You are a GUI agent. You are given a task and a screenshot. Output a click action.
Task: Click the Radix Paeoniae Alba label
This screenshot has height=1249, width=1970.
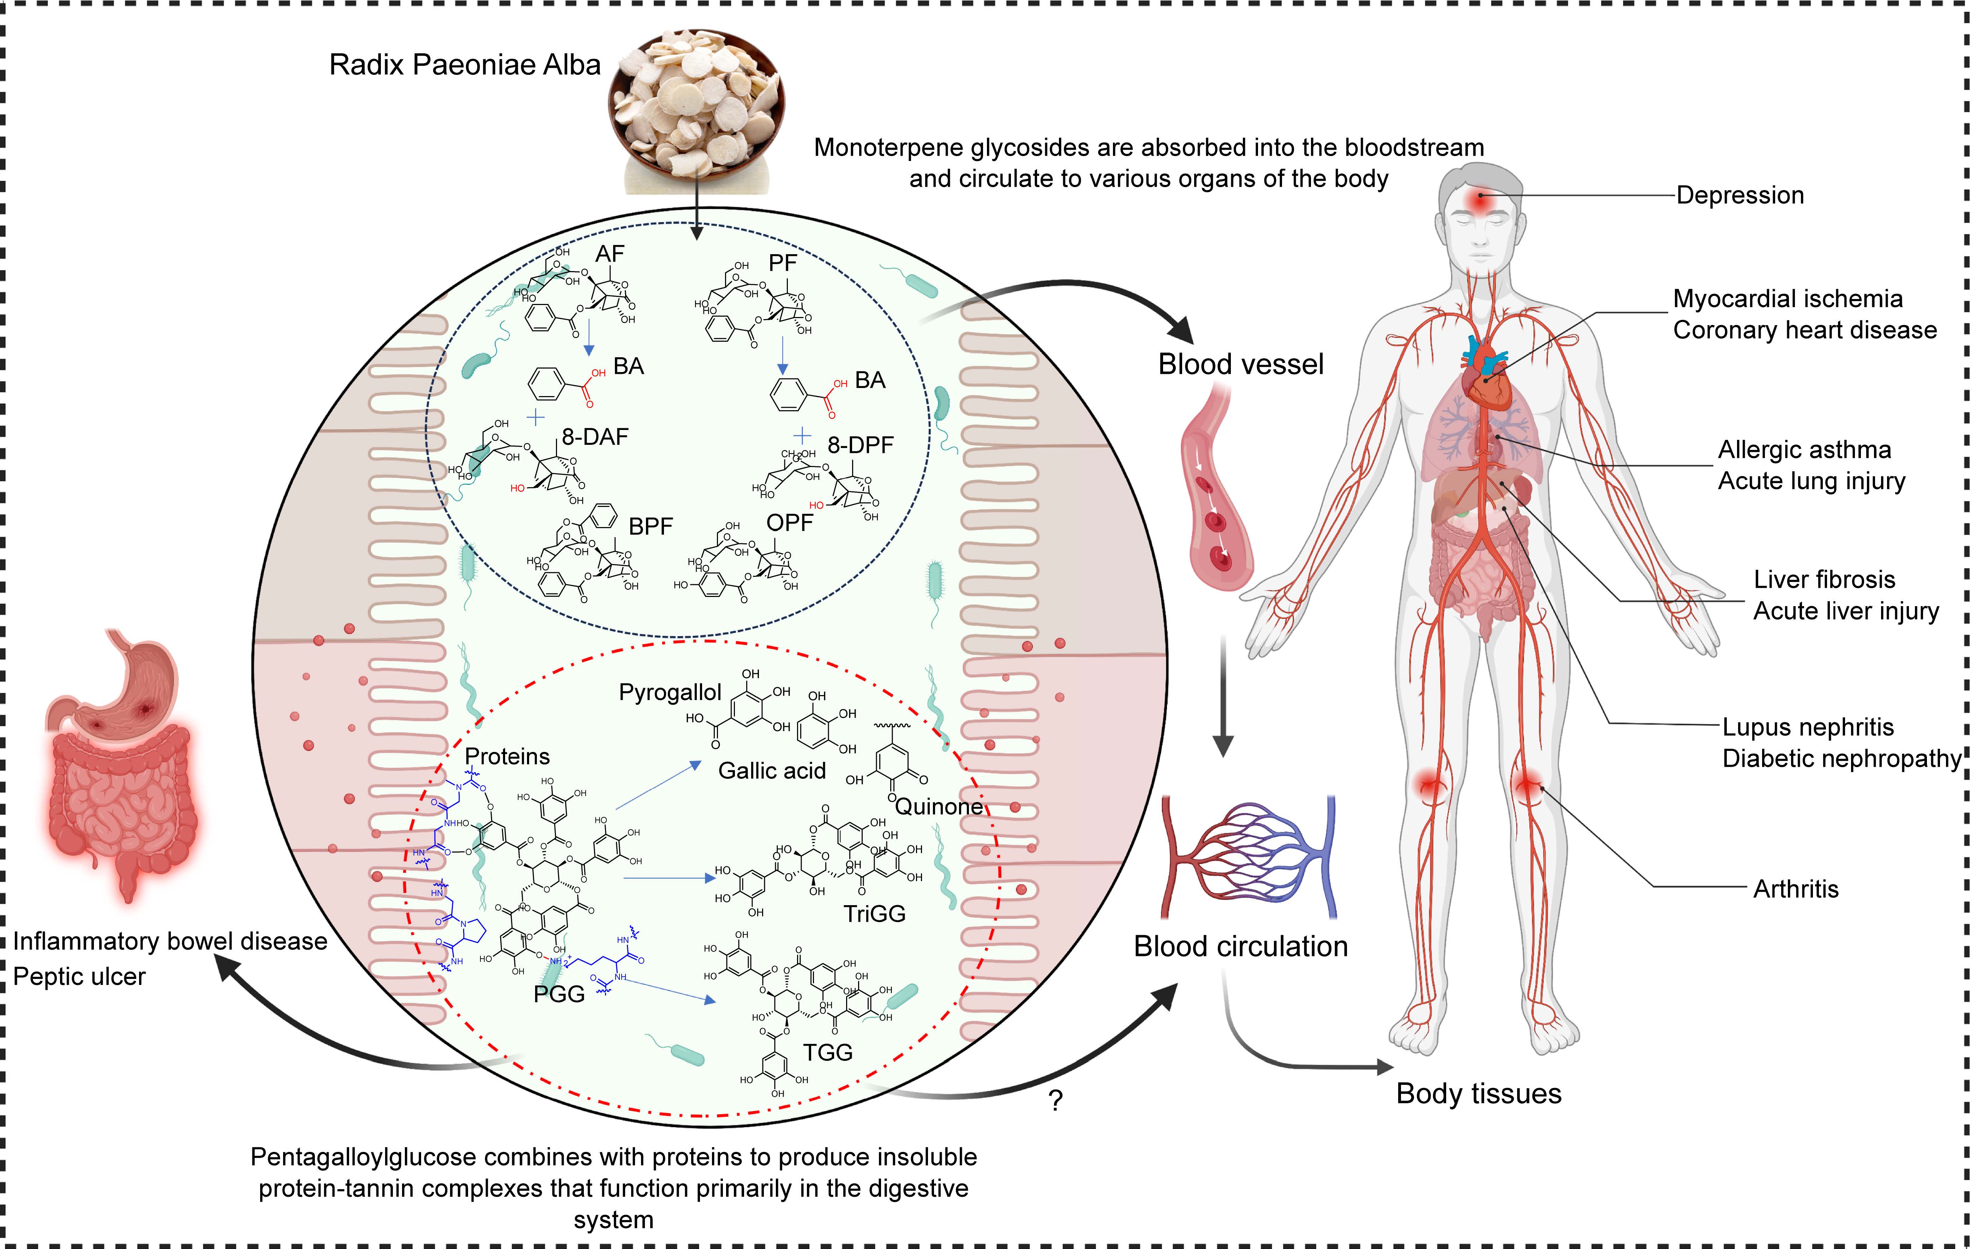[x=465, y=65]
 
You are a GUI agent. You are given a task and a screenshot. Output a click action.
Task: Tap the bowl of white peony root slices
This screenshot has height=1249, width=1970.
[x=696, y=102]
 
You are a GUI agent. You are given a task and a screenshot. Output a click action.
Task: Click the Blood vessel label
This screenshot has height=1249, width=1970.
[x=1240, y=364]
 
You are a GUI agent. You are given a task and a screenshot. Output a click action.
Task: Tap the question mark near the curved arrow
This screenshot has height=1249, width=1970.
[x=1055, y=1101]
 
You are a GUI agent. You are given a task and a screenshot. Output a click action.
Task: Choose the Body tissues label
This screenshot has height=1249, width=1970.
[x=1478, y=1094]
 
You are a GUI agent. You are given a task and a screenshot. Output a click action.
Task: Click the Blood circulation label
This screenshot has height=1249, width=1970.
[x=1240, y=946]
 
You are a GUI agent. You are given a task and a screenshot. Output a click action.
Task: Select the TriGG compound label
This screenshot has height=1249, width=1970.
[x=875, y=914]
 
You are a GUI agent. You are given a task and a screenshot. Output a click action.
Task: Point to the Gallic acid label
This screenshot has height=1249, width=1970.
[x=772, y=771]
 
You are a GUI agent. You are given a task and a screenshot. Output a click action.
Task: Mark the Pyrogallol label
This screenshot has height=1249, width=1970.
[x=669, y=693]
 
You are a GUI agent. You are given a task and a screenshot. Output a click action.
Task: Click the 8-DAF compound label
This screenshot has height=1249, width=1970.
[x=595, y=437]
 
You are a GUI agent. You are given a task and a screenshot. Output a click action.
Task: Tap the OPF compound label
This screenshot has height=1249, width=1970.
[x=790, y=523]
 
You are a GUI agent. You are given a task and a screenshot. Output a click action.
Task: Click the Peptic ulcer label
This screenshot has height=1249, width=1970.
[x=79, y=976]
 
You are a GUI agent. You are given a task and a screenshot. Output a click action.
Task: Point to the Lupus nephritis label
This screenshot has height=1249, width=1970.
[x=1808, y=727]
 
